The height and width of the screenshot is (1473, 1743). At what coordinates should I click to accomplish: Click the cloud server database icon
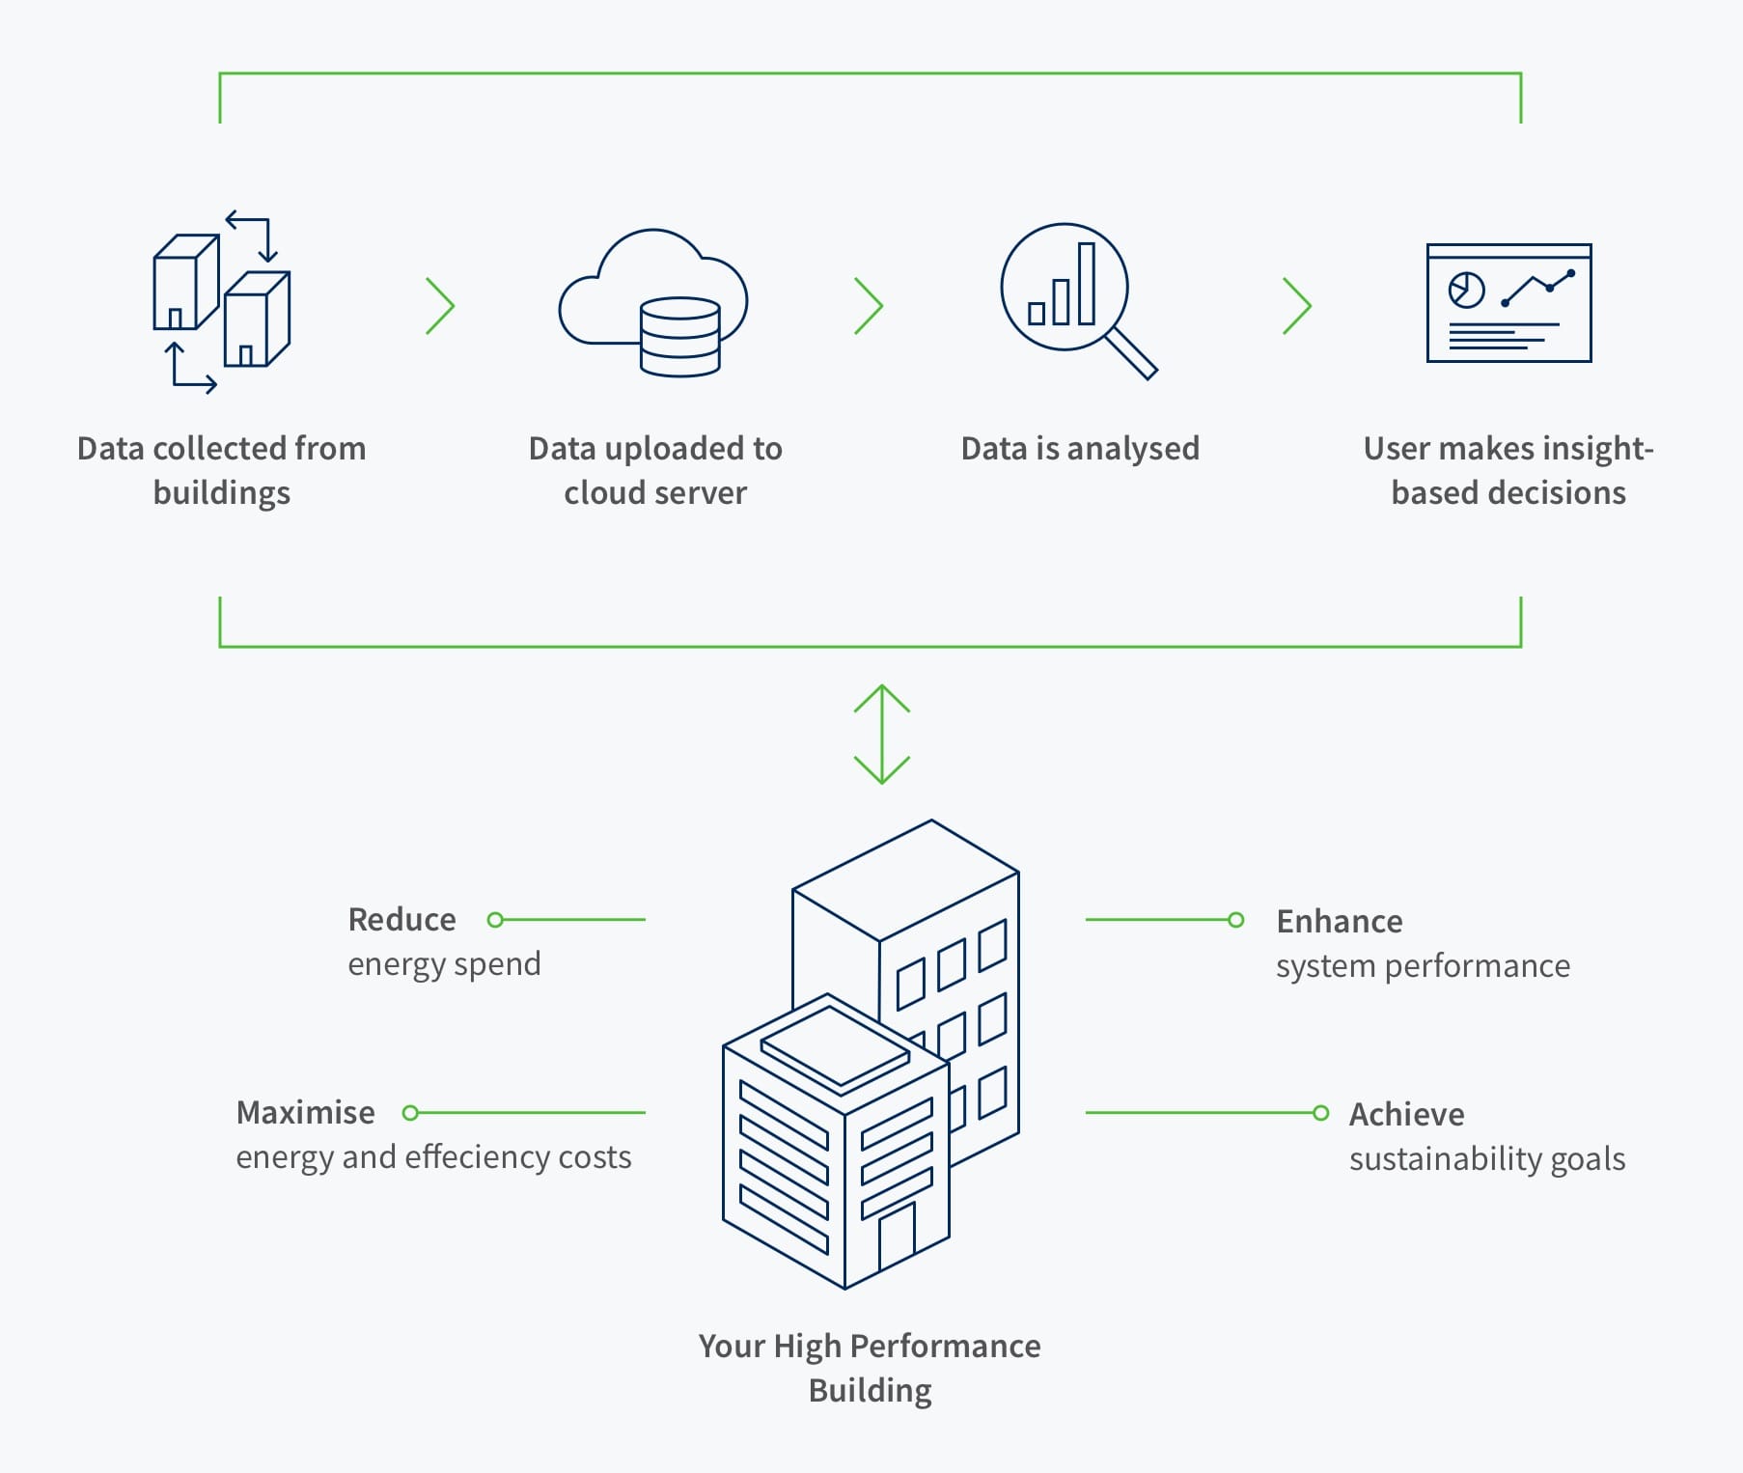(x=653, y=302)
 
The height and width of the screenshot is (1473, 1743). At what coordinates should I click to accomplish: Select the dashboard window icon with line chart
(x=1508, y=303)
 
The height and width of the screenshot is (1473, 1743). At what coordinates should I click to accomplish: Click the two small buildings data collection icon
(x=221, y=301)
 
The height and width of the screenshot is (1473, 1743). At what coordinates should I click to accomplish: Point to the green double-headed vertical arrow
(x=882, y=734)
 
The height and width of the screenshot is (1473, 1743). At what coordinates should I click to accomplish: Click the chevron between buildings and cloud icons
(x=440, y=306)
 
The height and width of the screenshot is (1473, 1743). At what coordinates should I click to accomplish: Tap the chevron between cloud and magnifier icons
(x=869, y=306)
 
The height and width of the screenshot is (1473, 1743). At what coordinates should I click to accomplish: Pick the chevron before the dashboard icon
(x=1297, y=306)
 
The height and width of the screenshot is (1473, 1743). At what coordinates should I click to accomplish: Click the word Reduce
(x=401, y=919)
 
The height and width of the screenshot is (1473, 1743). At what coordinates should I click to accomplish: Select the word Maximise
(x=305, y=1112)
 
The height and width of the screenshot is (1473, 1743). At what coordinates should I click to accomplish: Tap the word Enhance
(x=1340, y=921)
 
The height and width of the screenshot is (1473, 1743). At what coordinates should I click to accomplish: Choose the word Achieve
(x=1406, y=1114)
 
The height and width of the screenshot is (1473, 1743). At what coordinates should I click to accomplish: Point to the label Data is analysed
(x=1080, y=448)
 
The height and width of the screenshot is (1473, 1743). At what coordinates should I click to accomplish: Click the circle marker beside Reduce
(x=495, y=920)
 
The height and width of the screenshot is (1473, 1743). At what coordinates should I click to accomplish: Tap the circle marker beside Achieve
(x=1321, y=1113)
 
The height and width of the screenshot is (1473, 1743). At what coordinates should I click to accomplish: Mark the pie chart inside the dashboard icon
(x=1466, y=290)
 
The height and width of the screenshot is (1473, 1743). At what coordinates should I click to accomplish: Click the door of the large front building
(x=897, y=1236)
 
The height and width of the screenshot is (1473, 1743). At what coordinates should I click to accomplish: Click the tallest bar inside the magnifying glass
(x=1087, y=283)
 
